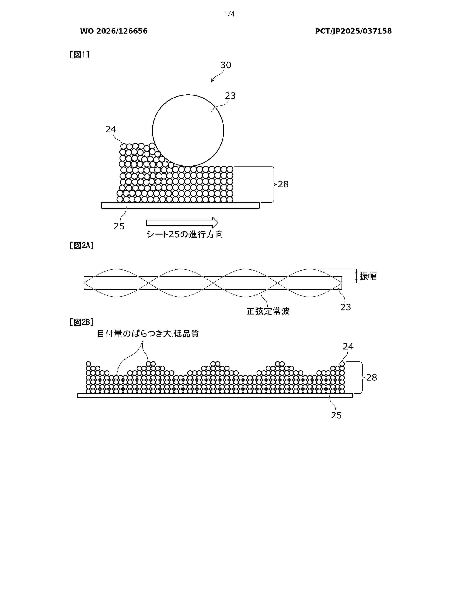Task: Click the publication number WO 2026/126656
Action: [114, 31]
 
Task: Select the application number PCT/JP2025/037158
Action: [353, 31]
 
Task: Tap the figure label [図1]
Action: [80, 55]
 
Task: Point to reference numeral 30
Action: [226, 65]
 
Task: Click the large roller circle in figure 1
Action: [152, 130]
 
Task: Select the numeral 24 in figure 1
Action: [111, 129]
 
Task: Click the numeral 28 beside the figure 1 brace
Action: [283, 185]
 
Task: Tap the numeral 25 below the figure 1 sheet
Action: [119, 226]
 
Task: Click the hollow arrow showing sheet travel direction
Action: [182, 223]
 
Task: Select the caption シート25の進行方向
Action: [185, 234]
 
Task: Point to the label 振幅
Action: [368, 276]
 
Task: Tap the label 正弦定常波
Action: [268, 311]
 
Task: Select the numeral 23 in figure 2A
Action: [346, 307]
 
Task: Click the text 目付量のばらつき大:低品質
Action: [148, 334]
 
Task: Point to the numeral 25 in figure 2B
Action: [336, 415]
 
